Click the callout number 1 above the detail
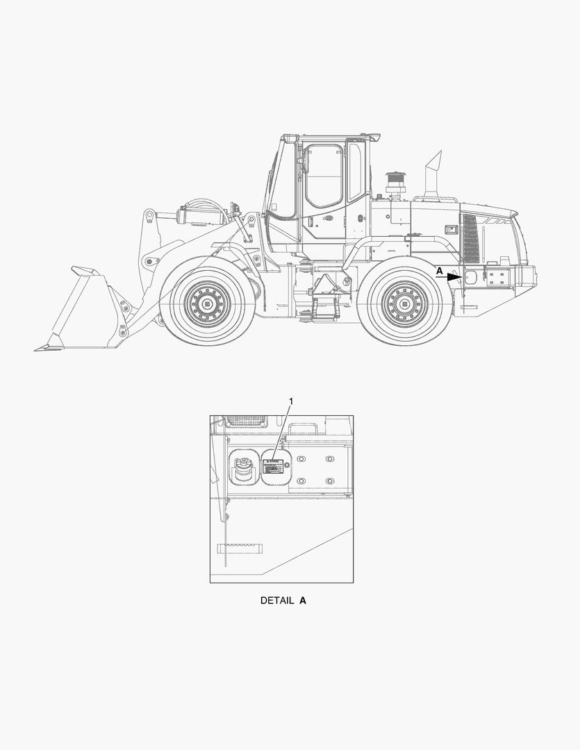291,401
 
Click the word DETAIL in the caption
276,600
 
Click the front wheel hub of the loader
207,303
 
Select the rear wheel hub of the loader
405,303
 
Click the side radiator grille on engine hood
470,238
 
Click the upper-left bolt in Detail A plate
301,460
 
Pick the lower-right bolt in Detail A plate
330,481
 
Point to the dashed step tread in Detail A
240,548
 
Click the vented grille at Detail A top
246,421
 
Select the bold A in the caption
302,600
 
